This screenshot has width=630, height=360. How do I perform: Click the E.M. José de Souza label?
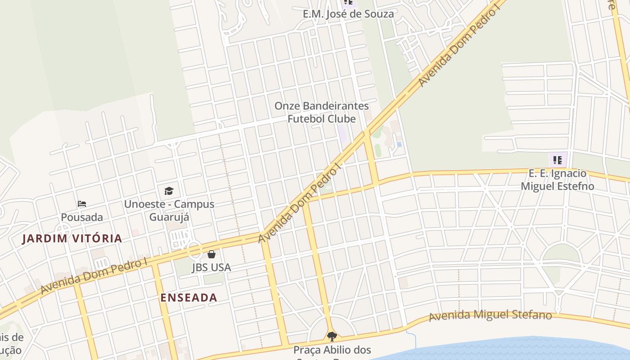[x=348, y=14]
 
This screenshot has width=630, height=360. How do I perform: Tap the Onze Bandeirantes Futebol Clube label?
[x=321, y=112]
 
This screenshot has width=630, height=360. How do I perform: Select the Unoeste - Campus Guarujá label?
[x=169, y=210]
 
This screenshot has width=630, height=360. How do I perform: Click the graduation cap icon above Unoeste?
[x=169, y=191]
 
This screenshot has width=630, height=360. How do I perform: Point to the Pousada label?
[x=82, y=217]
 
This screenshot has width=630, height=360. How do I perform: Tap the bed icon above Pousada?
[x=82, y=204]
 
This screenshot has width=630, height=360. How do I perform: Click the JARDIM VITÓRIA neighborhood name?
[x=72, y=238]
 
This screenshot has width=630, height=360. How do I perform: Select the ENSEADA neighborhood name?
[x=189, y=297]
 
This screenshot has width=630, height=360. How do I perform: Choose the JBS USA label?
[x=211, y=267]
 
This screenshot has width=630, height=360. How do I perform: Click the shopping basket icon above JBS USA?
[x=211, y=254]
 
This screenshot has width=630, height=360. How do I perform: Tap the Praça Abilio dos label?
[x=332, y=350]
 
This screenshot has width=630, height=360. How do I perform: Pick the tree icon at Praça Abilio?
[x=332, y=336]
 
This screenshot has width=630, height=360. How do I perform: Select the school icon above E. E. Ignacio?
[x=558, y=160]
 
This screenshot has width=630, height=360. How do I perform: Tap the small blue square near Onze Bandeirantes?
[x=399, y=144]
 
